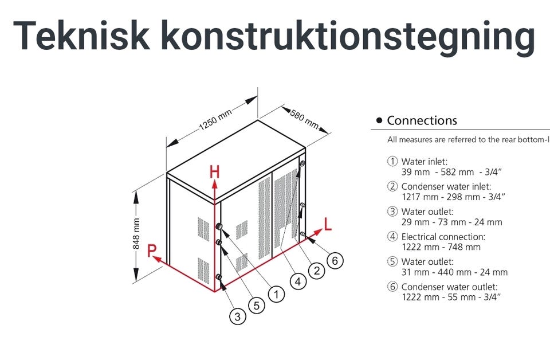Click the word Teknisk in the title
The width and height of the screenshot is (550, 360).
coord(81,36)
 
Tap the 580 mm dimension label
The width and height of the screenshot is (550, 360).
coord(304,118)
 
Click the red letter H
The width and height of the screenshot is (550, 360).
coord(214,172)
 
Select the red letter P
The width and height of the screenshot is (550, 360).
coord(152,251)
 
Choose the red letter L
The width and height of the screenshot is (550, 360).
coord(328,224)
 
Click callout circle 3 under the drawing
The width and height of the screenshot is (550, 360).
coord(238,316)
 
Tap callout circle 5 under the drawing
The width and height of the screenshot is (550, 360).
coord(256,306)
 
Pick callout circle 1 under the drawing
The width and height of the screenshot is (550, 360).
coord(276,295)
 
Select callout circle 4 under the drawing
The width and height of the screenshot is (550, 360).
coord(297,281)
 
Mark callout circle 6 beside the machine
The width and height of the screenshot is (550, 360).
coord(336,260)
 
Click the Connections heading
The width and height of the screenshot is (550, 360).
coord(422,120)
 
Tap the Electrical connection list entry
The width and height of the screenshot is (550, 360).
coord(443,237)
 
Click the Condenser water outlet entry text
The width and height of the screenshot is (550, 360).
coord(449,287)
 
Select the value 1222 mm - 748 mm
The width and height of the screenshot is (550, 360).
coord(441,247)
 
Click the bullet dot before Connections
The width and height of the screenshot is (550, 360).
coord(379,121)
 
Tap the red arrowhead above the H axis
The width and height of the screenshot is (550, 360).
coord(215,183)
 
